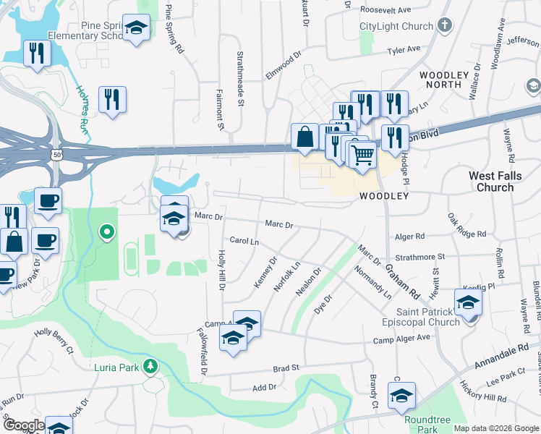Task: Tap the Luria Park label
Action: [x=116, y=367]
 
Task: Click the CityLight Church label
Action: [x=396, y=27]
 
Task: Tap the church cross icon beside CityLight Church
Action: [x=445, y=26]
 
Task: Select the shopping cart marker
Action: [x=362, y=153]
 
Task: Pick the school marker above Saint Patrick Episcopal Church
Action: [x=468, y=302]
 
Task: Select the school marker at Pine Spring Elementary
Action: [x=135, y=28]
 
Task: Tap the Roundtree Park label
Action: [x=423, y=424]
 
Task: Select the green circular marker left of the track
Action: [x=107, y=232]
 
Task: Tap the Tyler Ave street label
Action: [x=404, y=50]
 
